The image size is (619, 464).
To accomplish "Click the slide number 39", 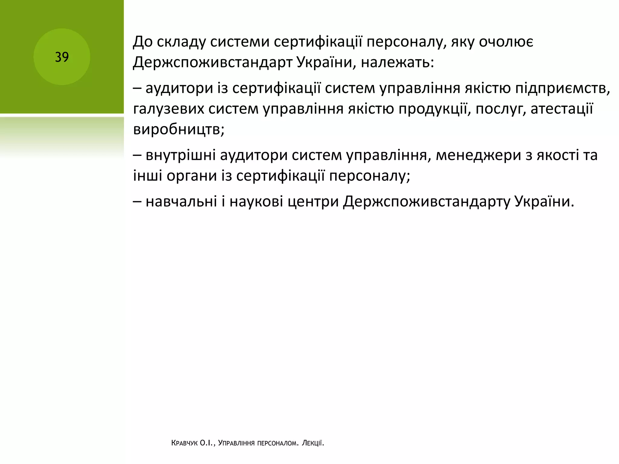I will (x=62, y=57).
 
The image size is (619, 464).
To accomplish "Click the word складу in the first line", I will (x=182, y=42).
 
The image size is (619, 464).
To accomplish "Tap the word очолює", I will (x=506, y=42).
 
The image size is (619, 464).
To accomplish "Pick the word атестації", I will (x=562, y=109).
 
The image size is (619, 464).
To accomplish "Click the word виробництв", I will (x=179, y=130).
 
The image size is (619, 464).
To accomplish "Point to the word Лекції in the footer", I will (x=313, y=443).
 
